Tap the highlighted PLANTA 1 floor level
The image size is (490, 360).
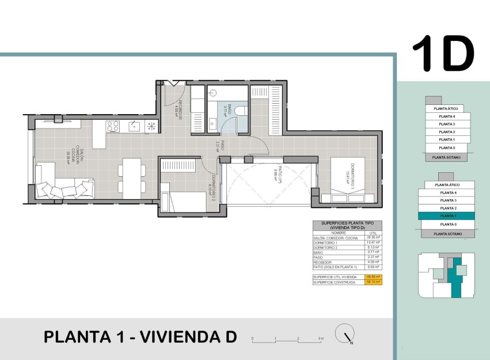(x=447, y=215)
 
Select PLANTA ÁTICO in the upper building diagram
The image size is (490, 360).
(x=446, y=108)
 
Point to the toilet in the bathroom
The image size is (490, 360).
(x=242, y=110)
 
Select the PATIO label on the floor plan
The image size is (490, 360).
(x=278, y=173)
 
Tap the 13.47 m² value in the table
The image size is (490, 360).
(x=374, y=243)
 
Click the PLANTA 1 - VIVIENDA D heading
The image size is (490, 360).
(x=140, y=337)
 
